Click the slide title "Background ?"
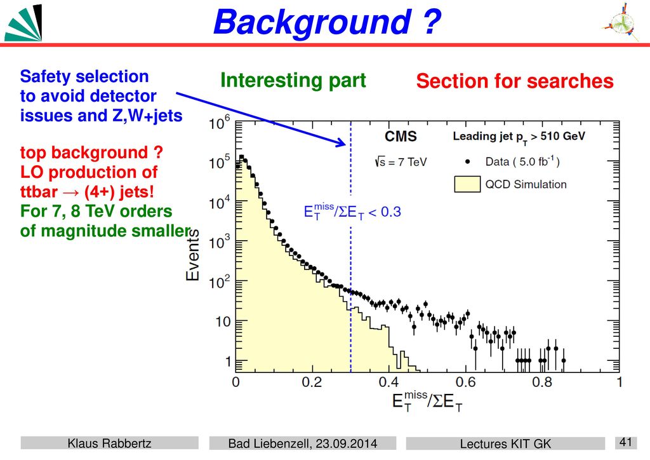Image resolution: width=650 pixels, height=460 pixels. (327, 22)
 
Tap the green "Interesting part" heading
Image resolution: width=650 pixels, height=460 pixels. (293, 80)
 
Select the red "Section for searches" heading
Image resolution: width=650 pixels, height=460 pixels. (515, 81)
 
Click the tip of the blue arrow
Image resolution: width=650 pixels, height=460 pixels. (346, 145)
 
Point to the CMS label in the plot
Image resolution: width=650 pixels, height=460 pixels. (401, 137)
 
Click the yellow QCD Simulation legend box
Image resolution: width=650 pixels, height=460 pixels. (467, 184)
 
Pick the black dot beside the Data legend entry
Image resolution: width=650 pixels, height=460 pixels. (468, 162)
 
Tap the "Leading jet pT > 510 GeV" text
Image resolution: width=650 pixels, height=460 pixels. (519, 137)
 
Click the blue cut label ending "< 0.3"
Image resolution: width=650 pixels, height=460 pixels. (352, 212)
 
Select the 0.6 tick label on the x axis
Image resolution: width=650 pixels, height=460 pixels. (465, 382)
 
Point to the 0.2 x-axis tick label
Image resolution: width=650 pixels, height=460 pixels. (312, 382)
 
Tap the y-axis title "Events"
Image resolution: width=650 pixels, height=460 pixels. (192, 255)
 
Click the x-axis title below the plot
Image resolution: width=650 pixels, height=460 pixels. (427, 402)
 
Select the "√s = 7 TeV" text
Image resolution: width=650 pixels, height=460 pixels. (401, 162)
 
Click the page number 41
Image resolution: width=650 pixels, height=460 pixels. (625, 442)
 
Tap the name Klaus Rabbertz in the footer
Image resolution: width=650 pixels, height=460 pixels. (109, 443)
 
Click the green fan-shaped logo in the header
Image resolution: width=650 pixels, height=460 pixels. (23, 23)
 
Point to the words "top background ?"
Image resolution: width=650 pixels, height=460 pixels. (91, 152)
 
